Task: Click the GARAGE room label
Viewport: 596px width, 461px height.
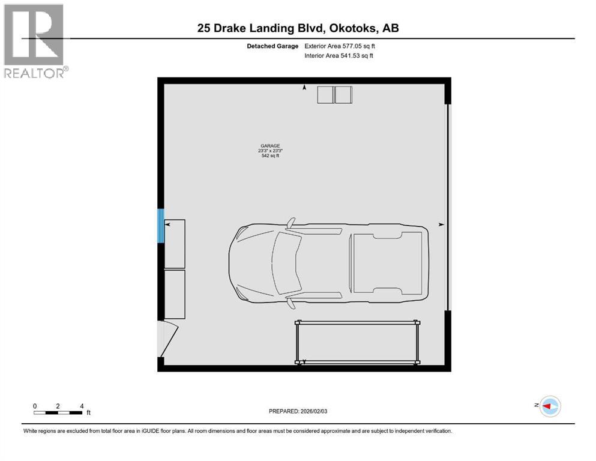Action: pyautogui.click(x=270, y=145)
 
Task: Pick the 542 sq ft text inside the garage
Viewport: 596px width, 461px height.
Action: pyautogui.click(x=270, y=156)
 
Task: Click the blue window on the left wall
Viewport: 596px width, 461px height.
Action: pyautogui.click(x=160, y=225)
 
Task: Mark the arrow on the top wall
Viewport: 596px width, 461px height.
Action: pyautogui.click(x=304, y=88)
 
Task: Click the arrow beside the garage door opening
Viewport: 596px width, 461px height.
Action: pyautogui.click(x=441, y=224)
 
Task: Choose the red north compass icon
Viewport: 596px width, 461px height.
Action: pyautogui.click(x=549, y=406)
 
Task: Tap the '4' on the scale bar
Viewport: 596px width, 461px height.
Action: pyautogui.click(x=81, y=406)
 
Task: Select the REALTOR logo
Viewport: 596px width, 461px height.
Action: pyautogui.click(x=34, y=41)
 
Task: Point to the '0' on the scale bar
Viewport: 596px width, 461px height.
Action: pyautogui.click(x=35, y=406)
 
